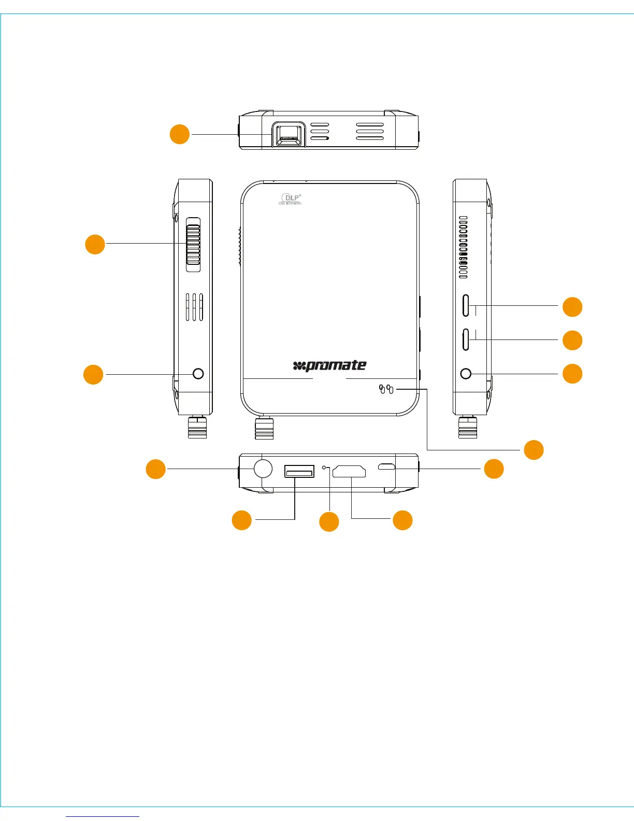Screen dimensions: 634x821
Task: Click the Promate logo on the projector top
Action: (330, 365)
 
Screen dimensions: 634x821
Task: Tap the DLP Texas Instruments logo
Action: (290, 199)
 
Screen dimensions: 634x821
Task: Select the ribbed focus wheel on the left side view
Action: (193, 244)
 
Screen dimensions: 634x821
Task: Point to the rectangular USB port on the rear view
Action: (299, 472)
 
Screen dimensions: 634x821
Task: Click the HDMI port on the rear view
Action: (349, 471)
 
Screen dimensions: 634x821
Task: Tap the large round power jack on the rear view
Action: (263, 469)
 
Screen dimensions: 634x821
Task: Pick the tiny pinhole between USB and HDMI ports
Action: (325, 468)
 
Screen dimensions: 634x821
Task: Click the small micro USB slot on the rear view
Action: (386, 467)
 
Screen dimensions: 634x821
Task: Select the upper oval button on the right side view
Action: (466, 305)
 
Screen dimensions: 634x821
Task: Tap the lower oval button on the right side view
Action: (466, 339)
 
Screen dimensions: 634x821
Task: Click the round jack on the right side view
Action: (466, 373)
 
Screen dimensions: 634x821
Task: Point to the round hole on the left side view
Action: (198, 373)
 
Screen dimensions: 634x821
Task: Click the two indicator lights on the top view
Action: (386, 389)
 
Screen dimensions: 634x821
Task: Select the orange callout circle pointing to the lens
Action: (180, 134)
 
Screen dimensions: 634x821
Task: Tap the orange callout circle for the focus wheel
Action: (95, 244)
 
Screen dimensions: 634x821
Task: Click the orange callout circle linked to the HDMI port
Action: (402, 520)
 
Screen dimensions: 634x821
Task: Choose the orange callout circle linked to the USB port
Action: (241, 520)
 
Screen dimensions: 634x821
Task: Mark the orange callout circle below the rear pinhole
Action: (329, 522)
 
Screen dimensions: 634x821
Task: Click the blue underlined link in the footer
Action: (103, 816)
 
